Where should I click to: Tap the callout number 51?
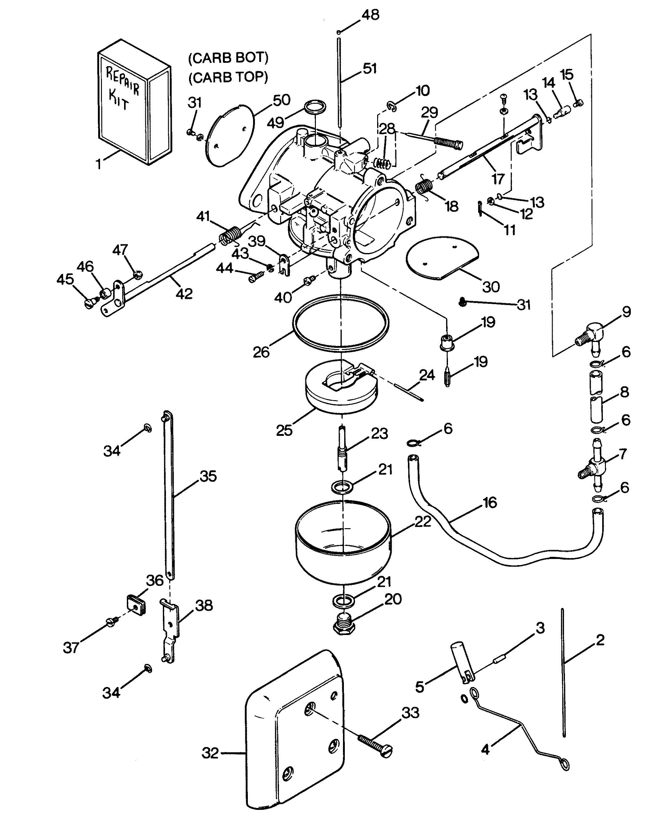click(370, 69)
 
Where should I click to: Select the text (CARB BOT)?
click(228, 58)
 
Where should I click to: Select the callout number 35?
click(208, 476)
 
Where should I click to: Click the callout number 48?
click(370, 15)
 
